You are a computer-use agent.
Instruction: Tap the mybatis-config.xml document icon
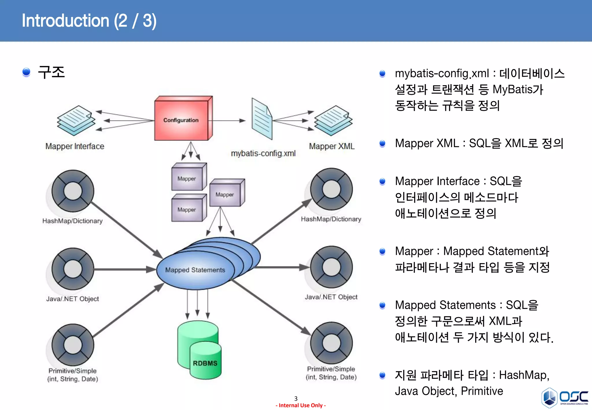click(262, 119)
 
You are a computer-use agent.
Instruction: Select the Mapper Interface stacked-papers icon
click(76, 121)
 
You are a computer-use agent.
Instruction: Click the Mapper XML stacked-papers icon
click(333, 121)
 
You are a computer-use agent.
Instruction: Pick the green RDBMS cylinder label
click(205, 363)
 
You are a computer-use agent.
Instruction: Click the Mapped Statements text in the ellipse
click(195, 270)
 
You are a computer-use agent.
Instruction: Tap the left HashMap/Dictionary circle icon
click(73, 191)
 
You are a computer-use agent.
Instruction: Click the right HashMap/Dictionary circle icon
click(331, 189)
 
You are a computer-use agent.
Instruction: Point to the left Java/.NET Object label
click(72, 299)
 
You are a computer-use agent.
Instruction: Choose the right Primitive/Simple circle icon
click(331, 343)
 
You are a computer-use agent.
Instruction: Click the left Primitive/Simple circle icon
click(73, 345)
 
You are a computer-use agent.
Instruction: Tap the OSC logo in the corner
click(565, 398)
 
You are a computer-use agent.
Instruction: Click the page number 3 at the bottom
click(296, 398)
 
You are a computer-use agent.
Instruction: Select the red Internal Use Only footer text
click(301, 405)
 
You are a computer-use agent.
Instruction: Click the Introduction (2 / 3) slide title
click(89, 21)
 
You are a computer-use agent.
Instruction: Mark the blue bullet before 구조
click(26, 72)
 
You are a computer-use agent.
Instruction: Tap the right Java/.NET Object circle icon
click(331, 267)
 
